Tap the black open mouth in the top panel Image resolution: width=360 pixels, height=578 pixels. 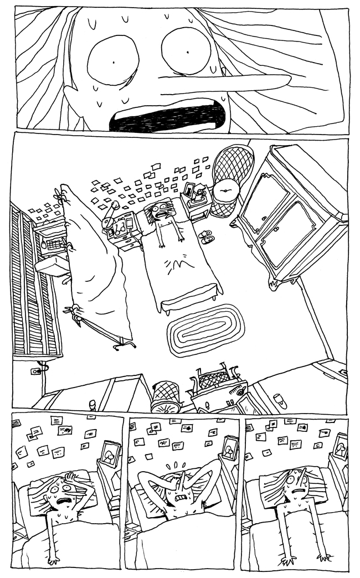[166, 116]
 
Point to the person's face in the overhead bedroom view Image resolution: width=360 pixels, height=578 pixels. [162, 211]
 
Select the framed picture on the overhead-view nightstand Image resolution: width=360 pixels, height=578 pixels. [192, 190]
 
